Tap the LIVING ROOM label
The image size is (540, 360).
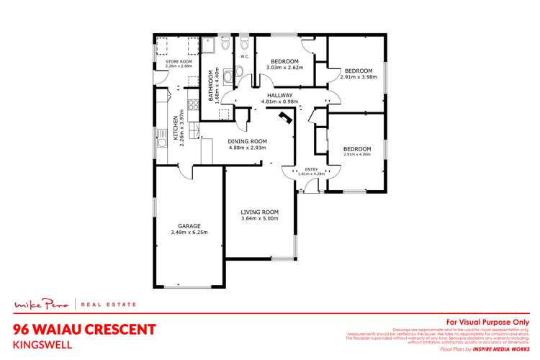click(x=259, y=212)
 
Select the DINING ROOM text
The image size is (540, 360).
click(x=247, y=141)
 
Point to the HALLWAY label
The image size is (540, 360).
click(x=279, y=95)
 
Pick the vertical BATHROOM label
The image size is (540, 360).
click(x=212, y=84)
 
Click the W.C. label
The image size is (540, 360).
click(x=245, y=56)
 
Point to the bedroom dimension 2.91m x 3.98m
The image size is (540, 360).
click(x=358, y=77)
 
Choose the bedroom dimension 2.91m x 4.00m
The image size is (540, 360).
click(x=358, y=153)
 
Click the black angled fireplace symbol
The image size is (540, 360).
click(x=286, y=120)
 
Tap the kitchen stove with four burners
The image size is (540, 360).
click(x=177, y=133)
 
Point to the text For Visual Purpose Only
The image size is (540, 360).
click(x=488, y=322)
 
